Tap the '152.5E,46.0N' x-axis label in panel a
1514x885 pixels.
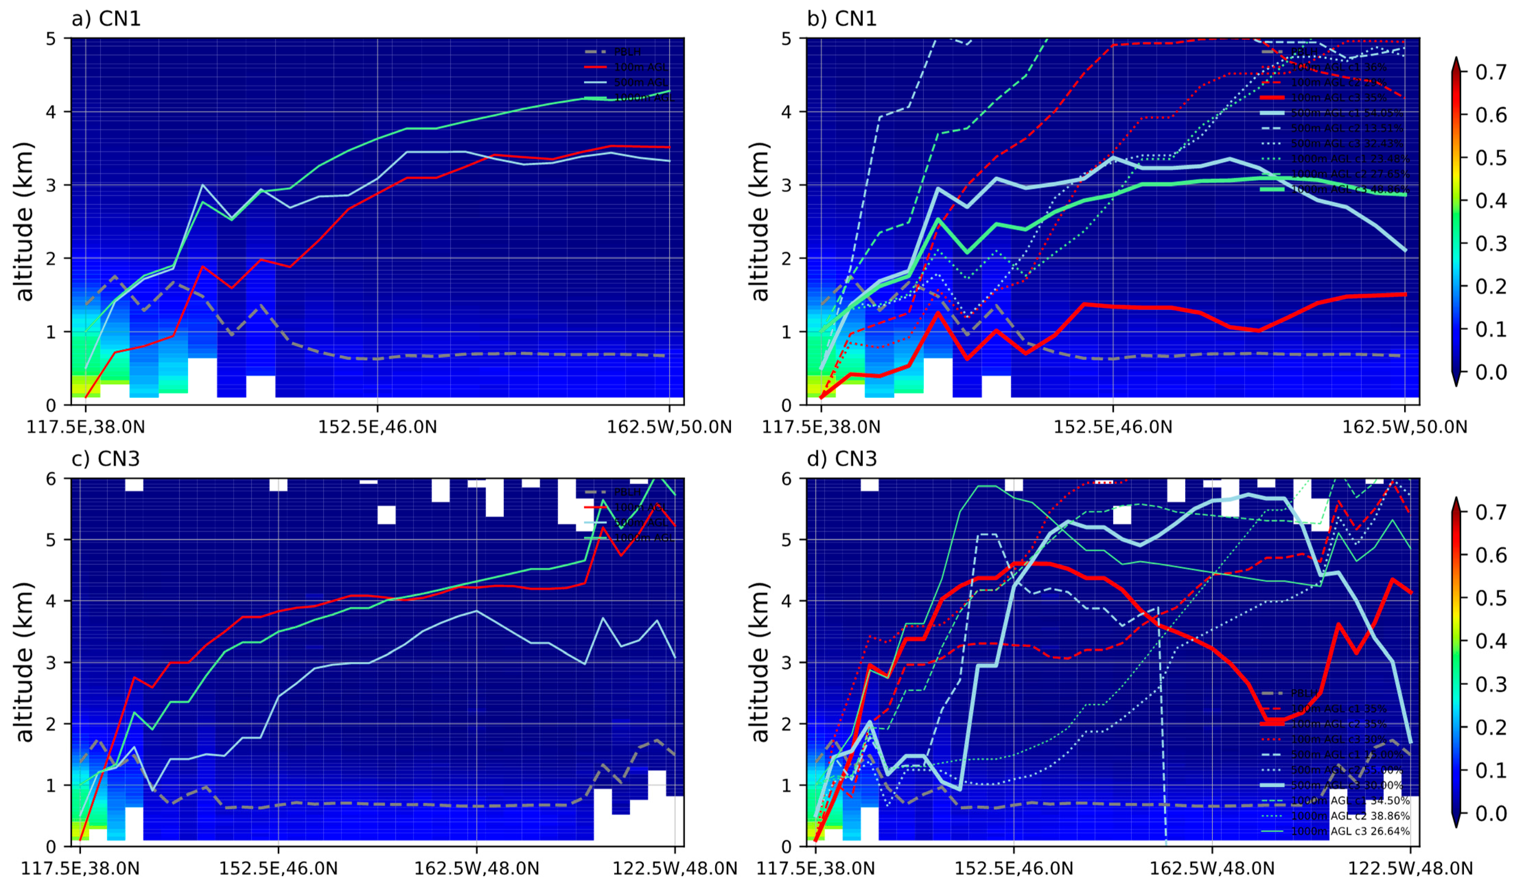[377, 427]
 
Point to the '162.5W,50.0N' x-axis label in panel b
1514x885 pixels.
[1405, 427]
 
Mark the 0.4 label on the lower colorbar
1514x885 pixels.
[1491, 641]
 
